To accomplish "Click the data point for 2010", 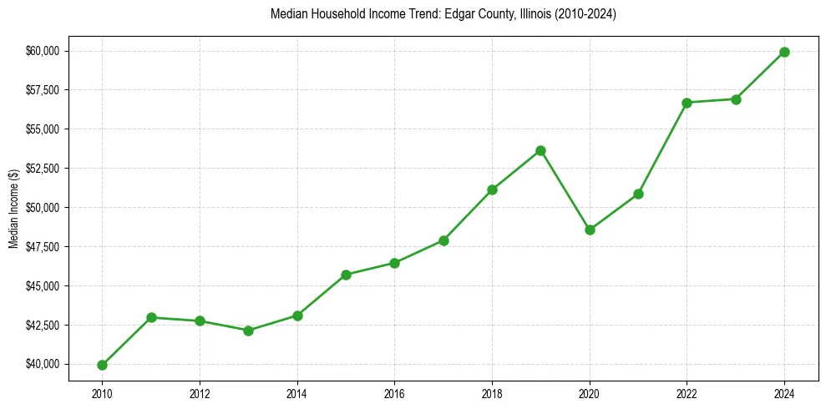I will tap(102, 365).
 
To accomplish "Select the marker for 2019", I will tap(540, 150).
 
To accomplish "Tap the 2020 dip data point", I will tap(590, 230).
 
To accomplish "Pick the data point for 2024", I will tap(784, 52).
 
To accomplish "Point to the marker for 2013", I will tap(248, 331).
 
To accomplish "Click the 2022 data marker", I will tap(687, 103).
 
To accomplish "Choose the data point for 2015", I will tap(346, 275).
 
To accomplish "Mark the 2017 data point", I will tap(443, 240).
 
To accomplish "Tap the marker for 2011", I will tap(151, 317).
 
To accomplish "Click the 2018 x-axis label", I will tap(492, 392).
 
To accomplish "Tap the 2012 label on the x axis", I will tap(200, 392).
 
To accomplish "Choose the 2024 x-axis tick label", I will tap(784, 392).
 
